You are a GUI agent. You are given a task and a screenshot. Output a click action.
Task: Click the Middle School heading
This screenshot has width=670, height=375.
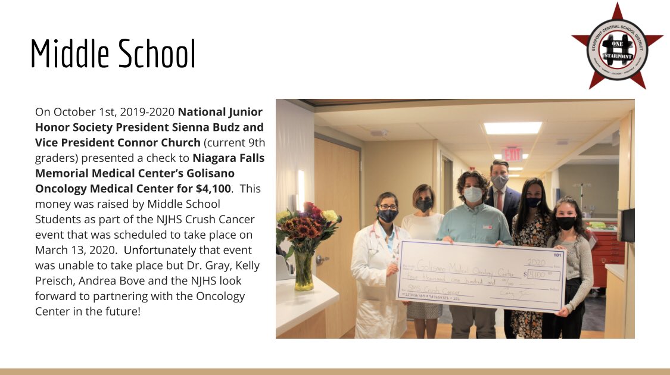click(x=113, y=54)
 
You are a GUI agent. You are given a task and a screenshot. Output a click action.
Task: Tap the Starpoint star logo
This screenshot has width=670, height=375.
click(x=617, y=46)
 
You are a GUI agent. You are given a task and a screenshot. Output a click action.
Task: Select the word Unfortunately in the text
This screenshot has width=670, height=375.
click(x=160, y=250)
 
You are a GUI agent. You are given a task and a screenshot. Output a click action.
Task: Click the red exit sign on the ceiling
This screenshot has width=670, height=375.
click(x=511, y=154)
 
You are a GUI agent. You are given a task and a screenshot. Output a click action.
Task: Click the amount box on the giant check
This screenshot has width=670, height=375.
click(x=544, y=274)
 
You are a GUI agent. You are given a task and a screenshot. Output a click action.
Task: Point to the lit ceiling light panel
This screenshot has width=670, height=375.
click(x=512, y=128)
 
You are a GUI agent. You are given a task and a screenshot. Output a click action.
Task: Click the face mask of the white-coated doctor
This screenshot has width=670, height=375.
click(x=387, y=215)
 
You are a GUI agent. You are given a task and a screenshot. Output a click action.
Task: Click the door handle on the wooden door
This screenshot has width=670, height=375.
click(x=320, y=260)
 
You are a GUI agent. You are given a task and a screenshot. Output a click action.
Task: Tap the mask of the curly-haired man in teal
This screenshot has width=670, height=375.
click(x=472, y=194)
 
